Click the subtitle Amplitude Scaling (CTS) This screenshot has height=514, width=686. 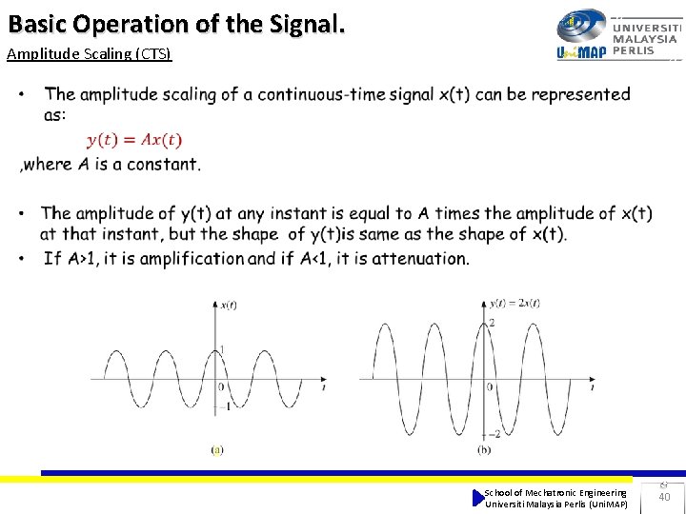click(89, 53)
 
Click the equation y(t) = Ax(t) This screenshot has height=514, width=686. click(134, 140)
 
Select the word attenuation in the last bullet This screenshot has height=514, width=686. click(417, 258)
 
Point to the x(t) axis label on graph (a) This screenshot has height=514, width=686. click(229, 305)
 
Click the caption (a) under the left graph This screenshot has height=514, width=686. click(217, 449)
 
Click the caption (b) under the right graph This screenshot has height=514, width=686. click(484, 449)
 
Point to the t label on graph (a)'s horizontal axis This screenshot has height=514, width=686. click(325, 387)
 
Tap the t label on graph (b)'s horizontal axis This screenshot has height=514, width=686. click(593, 387)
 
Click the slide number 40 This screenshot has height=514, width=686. click(664, 497)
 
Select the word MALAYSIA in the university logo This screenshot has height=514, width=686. click(646, 40)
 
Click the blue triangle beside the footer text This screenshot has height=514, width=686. click(478, 498)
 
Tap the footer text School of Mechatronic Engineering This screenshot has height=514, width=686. click(555, 492)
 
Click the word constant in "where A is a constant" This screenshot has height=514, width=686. click(165, 164)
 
